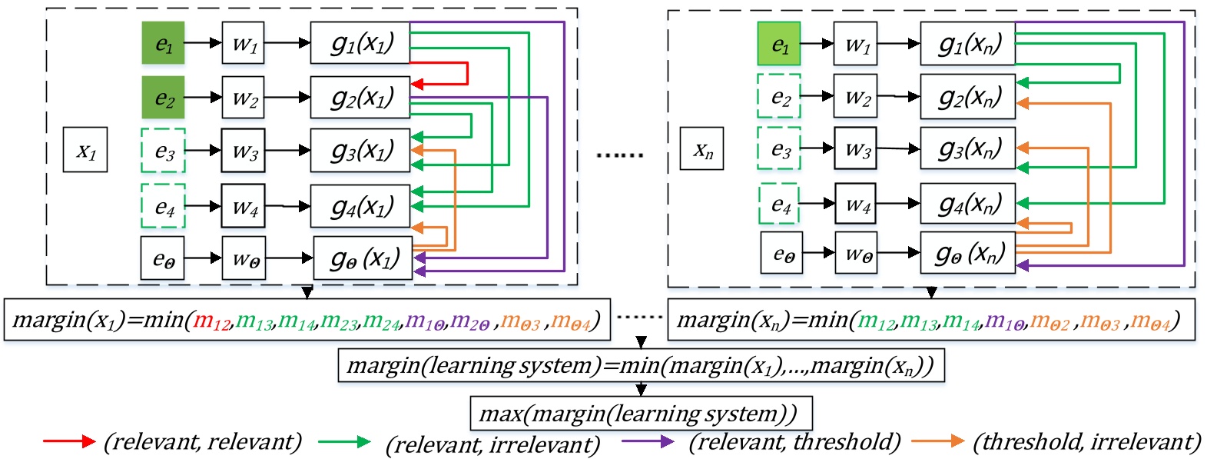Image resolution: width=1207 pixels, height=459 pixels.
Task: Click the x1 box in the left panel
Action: tap(85, 150)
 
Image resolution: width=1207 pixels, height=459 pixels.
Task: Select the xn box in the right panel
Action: tap(701, 149)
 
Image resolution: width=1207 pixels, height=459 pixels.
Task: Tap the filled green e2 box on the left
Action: tap(163, 98)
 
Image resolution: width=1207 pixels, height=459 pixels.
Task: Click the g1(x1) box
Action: tap(360, 43)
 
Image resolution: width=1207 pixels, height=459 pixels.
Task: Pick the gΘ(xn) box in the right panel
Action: tap(968, 253)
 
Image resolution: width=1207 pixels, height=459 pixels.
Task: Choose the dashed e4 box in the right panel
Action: tap(780, 205)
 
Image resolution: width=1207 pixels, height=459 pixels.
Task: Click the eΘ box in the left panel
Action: tap(163, 258)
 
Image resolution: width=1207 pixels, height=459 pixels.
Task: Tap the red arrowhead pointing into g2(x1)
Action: tap(417, 84)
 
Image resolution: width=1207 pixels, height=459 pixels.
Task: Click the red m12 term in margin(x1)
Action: tap(211, 321)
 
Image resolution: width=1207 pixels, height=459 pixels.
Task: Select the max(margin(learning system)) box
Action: tap(641, 414)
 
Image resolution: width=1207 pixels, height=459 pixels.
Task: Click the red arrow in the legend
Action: tap(68, 441)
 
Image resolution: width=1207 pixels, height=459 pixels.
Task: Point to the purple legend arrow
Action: tap(648, 441)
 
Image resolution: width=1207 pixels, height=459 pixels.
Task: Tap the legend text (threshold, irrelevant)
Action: tap(1086, 442)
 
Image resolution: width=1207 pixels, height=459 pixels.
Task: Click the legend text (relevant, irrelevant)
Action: tap(492, 444)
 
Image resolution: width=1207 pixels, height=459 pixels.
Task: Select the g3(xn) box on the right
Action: tap(968, 148)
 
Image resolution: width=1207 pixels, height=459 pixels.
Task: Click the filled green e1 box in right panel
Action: tap(779, 44)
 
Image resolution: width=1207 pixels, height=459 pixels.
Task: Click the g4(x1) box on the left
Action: tap(360, 206)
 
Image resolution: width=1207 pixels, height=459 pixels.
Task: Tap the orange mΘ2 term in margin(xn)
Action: tap(1050, 320)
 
